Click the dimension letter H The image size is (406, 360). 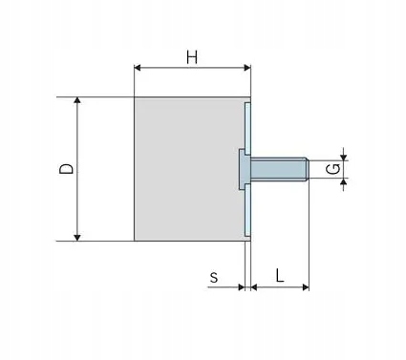coord(192,58)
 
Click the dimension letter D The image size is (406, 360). coord(67,169)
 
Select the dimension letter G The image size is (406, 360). coord(333,169)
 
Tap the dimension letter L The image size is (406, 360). coord(280,276)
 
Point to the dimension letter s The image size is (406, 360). coord(214,278)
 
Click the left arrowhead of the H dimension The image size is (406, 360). coord(138,68)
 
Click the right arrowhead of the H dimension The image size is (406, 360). coord(247,68)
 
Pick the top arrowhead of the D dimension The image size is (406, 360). coord(77,100)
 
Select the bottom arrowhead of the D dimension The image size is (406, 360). coord(77,238)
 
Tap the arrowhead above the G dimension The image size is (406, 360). coord(343,157)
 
